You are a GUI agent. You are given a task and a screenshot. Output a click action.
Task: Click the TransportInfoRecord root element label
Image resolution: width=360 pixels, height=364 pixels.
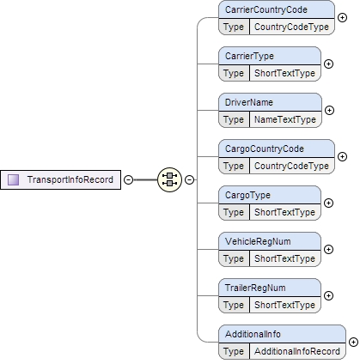[x=69, y=179]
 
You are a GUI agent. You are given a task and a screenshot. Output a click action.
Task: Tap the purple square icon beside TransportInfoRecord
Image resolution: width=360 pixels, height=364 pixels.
[x=14, y=179]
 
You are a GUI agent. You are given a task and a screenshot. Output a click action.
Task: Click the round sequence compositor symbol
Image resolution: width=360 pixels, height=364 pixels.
[x=168, y=179]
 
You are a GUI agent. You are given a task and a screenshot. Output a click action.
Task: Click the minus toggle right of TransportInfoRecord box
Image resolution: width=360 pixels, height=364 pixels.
[x=128, y=179]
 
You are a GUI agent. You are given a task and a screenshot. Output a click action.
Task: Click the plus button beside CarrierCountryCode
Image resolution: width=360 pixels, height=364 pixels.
[x=342, y=18]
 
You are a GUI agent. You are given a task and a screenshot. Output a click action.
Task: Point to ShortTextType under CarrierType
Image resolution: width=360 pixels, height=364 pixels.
[x=285, y=73]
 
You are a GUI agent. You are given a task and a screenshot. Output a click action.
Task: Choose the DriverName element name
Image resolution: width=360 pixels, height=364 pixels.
[x=249, y=103]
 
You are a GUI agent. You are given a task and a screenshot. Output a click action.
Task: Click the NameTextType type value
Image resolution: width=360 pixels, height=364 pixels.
[x=284, y=119]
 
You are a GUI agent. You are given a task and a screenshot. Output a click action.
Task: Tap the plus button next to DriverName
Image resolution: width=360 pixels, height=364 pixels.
[x=329, y=111]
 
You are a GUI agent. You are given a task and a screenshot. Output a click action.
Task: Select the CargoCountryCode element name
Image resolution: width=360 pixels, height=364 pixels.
[x=264, y=149]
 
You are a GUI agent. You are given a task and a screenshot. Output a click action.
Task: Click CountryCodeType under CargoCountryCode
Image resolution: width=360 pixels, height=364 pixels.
[x=291, y=166]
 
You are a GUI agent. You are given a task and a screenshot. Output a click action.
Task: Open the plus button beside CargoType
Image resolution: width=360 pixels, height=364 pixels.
[x=329, y=203]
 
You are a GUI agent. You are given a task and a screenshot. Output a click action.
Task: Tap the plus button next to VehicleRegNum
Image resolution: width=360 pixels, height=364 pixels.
[x=329, y=250]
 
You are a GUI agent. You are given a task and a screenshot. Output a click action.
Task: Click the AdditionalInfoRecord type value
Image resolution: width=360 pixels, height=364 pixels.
[x=298, y=351]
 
